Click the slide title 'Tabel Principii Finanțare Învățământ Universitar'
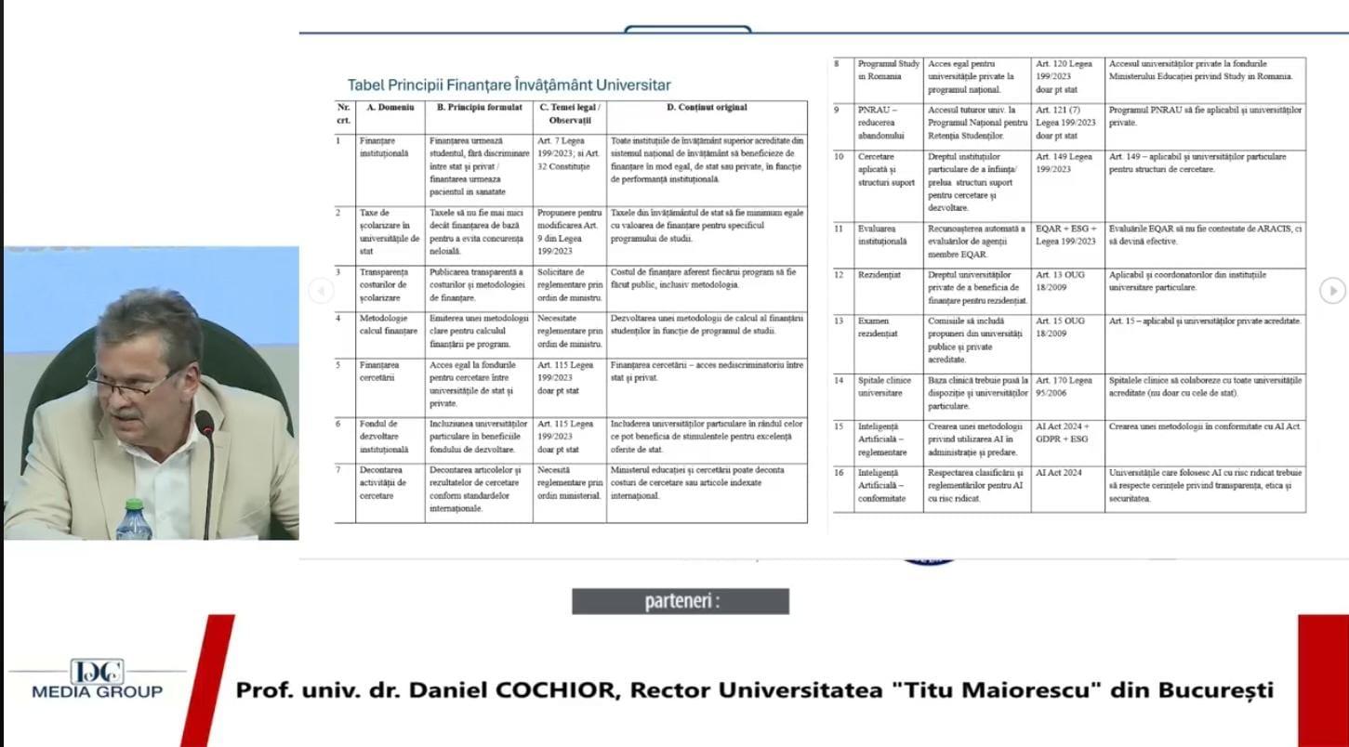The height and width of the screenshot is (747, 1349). click(509, 85)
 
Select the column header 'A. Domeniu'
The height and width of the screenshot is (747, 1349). click(390, 108)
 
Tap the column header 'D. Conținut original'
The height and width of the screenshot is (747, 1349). click(706, 108)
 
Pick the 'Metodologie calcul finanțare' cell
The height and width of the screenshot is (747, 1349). click(388, 324)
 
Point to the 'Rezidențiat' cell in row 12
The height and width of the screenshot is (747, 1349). click(879, 275)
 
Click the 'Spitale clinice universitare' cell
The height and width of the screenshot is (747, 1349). click(879, 387)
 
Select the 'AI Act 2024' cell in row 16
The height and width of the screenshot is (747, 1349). click(1059, 473)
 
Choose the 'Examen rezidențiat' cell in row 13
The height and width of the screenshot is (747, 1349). click(878, 327)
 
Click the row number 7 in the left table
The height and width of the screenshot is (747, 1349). click(338, 470)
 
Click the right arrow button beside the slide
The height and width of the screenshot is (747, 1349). click(1332, 291)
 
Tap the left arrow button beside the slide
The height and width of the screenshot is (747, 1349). click(320, 291)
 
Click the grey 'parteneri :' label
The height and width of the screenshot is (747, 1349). click(681, 601)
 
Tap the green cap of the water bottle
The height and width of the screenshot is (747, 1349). click(133, 505)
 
